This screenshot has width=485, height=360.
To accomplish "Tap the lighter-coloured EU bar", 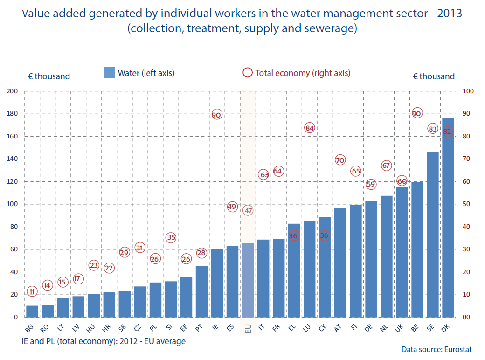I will tap(248, 280).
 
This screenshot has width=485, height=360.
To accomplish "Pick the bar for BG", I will tap(32, 312).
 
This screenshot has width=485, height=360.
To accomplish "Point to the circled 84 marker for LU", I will tap(309, 128).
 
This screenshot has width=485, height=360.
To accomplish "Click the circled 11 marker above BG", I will tap(32, 291).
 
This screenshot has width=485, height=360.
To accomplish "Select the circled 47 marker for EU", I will tap(248, 211).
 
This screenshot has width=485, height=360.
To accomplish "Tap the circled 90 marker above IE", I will tap(217, 114).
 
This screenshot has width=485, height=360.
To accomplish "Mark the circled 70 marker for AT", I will tap(340, 160).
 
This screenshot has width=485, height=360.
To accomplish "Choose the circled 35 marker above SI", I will tap(171, 237).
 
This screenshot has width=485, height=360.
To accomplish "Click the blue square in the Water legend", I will tap(109, 73).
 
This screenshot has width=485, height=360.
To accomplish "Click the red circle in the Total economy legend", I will tap(247, 73).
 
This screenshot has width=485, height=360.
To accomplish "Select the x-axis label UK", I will tap(399, 328).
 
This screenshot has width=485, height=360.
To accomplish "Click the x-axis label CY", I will tap(323, 328).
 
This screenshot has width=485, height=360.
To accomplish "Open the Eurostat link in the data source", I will tap(458, 349).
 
